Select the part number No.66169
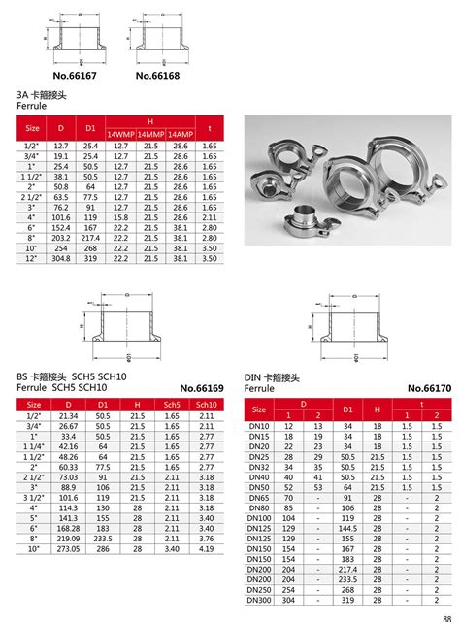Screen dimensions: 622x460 [201, 387]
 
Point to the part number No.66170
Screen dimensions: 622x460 [429, 387]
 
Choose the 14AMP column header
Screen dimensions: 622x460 [181, 133]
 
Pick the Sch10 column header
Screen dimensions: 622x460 [207, 404]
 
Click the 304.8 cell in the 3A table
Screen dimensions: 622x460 [61, 259]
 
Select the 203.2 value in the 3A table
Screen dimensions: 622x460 [61, 238]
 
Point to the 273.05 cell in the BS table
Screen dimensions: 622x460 [68, 548]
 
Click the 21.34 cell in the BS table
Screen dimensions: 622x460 [68, 415]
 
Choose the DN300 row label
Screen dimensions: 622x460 [259, 599]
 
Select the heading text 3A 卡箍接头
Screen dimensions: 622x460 [44, 96]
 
